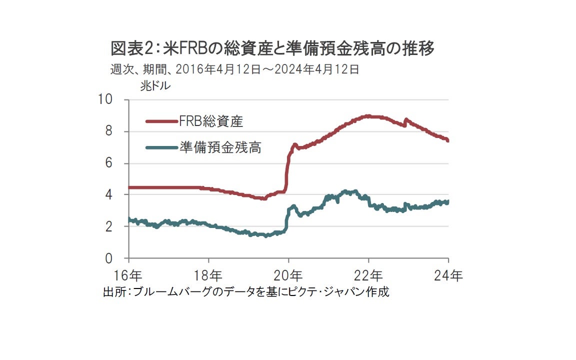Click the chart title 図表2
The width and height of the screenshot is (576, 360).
point(272,49)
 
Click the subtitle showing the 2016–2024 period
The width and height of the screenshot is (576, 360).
point(234,69)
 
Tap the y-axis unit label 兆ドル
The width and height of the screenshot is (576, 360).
point(155,85)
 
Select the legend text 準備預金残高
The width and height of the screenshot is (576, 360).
point(220,147)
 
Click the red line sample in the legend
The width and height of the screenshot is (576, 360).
point(161,120)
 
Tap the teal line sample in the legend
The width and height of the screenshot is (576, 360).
point(161,147)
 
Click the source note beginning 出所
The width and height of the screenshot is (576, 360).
point(245,292)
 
